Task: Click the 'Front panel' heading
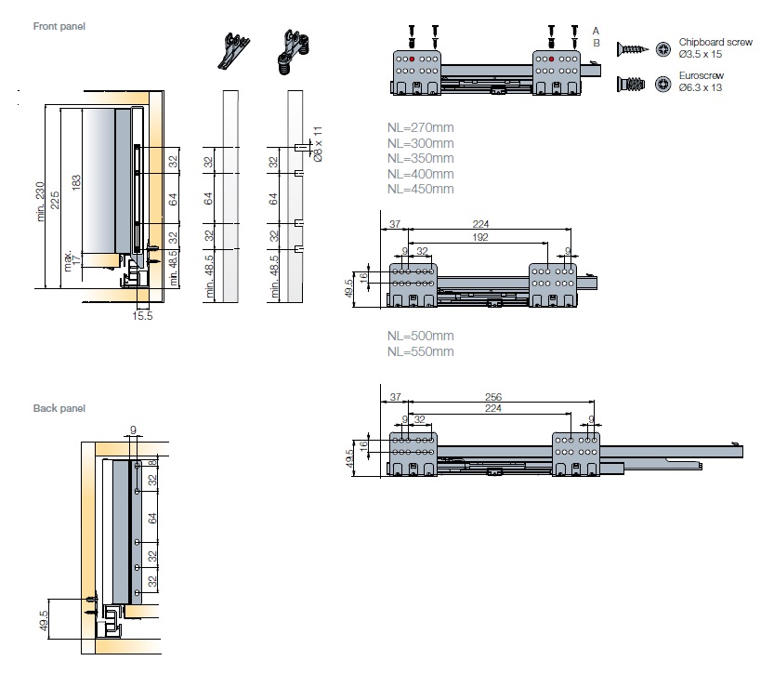click(x=59, y=26)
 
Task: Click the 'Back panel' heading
click(x=59, y=408)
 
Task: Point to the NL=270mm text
click(x=421, y=127)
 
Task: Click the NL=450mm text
click(x=421, y=190)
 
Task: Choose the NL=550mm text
click(x=421, y=351)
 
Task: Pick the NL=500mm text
click(x=421, y=336)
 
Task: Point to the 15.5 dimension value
click(x=142, y=317)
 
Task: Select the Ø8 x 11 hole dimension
click(x=317, y=144)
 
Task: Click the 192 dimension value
click(x=480, y=237)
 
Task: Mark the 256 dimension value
click(x=495, y=397)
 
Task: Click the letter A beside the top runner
click(x=596, y=31)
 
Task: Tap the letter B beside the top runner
click(x=596, y=43)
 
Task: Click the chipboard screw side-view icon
click(x=632, y=48)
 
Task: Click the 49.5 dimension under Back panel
click(x=45, y=620)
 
